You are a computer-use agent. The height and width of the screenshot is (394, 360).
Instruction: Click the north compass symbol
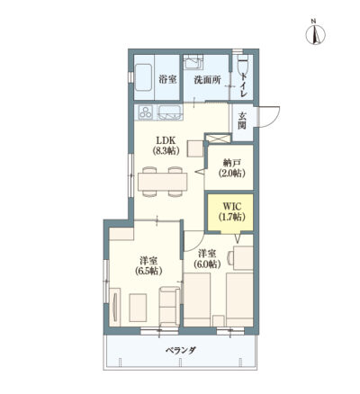315,35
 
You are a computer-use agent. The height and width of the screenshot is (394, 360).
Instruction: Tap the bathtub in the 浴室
144,77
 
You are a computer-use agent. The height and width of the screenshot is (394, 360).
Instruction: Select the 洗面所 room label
207,80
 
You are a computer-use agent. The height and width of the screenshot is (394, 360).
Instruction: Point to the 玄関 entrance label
242,121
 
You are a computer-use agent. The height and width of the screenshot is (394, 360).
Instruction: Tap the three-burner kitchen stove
146,112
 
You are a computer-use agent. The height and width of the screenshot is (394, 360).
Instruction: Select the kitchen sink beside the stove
170,112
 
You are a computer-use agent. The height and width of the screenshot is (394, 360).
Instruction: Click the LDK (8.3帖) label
166,145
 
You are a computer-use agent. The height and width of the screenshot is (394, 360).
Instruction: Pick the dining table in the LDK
162,182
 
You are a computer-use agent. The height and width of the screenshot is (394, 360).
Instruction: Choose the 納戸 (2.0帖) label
232,168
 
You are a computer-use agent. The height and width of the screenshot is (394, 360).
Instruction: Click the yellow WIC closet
229,212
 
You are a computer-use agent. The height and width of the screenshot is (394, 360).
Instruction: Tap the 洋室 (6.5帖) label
148,265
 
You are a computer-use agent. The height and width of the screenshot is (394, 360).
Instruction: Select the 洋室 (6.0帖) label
207,258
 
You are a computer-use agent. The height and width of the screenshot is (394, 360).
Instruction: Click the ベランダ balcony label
181,350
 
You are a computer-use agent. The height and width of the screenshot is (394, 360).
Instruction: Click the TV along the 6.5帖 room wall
114,307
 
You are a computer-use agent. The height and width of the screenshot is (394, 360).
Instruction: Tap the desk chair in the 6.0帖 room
230,257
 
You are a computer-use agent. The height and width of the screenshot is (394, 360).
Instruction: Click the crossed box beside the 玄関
218,139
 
